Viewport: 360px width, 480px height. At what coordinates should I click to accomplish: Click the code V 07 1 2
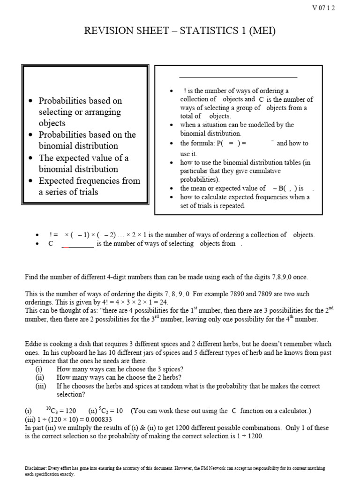click(323, 7)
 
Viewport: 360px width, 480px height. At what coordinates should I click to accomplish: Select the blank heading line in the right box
click(238, 77)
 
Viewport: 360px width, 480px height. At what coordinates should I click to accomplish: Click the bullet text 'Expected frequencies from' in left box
click(90, 180)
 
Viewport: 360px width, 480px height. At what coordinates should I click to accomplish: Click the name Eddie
click(33, 344)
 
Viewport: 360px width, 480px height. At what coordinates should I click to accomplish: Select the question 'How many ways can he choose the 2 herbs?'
click(119, 377)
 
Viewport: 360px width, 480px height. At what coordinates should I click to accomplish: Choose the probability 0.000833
click(96, 420)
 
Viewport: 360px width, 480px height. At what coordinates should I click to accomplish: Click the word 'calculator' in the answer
click(291, 411)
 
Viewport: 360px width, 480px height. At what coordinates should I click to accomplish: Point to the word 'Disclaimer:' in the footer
click(36, 468)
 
